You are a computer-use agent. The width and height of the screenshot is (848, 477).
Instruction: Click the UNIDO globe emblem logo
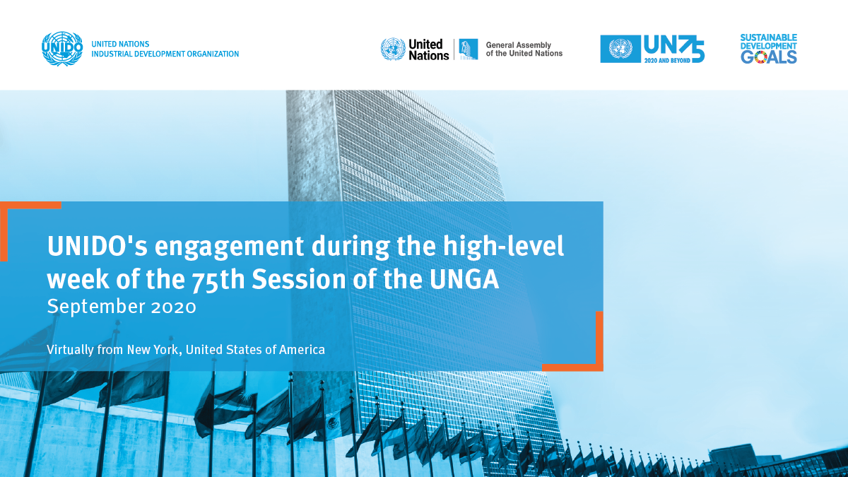click(x=62, y=49)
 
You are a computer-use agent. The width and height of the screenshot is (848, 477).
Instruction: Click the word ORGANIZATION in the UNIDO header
click(x=213, y=54)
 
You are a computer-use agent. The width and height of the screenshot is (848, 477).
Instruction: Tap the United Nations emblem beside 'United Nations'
click(x=393, y=49)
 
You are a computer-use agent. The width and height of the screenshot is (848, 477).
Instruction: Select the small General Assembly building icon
click(x=469, y=49)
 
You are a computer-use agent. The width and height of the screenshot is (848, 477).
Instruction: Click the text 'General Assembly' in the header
click(x=518, y=45)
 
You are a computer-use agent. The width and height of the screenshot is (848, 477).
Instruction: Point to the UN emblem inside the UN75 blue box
click(x=620, y=49)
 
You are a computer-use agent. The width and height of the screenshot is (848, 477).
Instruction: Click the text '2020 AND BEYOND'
click(x=667, y=61)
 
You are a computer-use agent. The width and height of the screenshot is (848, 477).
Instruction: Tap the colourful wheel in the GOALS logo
click(x=760, y=57)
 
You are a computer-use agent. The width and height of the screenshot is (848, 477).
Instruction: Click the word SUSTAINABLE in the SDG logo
click(x=769, y=37)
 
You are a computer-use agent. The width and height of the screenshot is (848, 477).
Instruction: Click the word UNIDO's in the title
click(x=98, y=247)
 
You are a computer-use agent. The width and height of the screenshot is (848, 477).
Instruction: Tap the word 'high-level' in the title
click(x=503, y=247)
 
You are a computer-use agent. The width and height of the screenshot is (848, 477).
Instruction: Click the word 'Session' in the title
click(x=299, y=279)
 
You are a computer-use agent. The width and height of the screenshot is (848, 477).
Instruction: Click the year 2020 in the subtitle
click(x=174, y=307)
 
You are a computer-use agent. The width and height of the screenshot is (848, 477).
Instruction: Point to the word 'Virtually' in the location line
click(x=70, y=350)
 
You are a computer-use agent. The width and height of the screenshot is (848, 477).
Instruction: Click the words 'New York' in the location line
click(x=154, y=349)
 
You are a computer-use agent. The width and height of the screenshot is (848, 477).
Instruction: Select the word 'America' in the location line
click(x=302, y=349)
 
